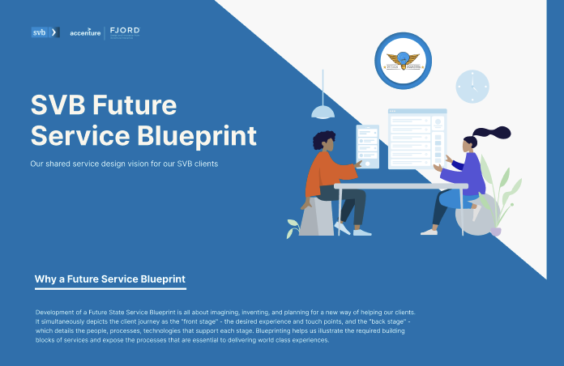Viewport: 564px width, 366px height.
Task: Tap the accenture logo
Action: (85, 32)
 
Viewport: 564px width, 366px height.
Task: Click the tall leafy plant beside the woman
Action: (504, 190)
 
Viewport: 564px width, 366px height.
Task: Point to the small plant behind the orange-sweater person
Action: (293, 228)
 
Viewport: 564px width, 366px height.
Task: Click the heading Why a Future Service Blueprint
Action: (110, 280)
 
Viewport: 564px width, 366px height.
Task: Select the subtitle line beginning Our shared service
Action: (125, 164)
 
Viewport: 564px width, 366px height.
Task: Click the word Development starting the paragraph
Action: (55, 312)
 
